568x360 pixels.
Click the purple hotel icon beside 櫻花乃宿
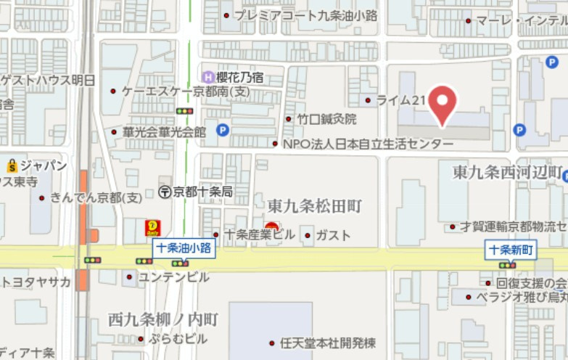click(208, 76)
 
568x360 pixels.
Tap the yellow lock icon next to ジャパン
click(12, 166)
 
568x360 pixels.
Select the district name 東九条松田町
click(314, 206)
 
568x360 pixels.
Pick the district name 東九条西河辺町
click(507, 173)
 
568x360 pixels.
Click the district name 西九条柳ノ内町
click(162, 319)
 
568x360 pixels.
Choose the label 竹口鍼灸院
click(326, 119)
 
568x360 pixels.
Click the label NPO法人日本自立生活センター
click(368, 144)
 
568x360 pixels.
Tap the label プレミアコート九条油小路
click(305, 15)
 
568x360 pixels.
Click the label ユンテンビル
click(173, 277)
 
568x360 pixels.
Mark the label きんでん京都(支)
click(96, 197)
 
